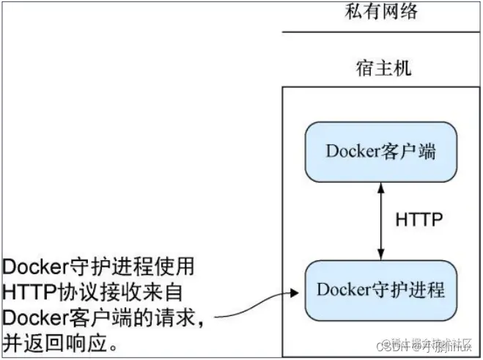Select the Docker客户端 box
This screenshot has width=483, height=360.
click(380, 152)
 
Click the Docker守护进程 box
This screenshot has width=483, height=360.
click(380, 290)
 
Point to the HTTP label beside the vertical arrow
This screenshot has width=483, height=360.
click(419, 219)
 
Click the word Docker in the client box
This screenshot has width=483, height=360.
click(350, 153)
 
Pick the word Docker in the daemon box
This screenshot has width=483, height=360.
click(342, 290)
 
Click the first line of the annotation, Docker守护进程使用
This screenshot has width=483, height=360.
click(100, 266)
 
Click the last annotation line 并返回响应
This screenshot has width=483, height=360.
click(61, 343)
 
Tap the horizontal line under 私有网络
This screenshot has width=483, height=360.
click(381, 32)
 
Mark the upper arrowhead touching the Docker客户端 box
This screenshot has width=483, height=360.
click(380, 188)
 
